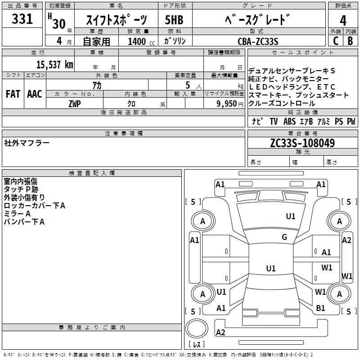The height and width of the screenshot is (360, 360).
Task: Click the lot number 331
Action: pos(22,19)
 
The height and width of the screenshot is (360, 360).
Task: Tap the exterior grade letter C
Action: pos(335,40)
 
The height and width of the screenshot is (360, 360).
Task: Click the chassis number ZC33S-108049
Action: pos(302,143)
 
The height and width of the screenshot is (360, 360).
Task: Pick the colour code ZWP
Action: pos(75,103)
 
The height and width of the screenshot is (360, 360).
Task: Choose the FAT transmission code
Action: pos(13,94)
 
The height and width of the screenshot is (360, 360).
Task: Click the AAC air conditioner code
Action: pos(35,94)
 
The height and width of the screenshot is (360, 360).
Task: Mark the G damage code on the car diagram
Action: pos(284,237)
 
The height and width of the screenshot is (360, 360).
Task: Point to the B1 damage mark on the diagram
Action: pos(321,308)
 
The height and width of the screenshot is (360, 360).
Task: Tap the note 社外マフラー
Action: pos(27,143)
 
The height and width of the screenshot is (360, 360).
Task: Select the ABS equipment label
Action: pos(290,121)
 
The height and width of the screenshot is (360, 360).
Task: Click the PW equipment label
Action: pos(351,121)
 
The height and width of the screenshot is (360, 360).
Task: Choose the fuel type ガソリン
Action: pos(175,41)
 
